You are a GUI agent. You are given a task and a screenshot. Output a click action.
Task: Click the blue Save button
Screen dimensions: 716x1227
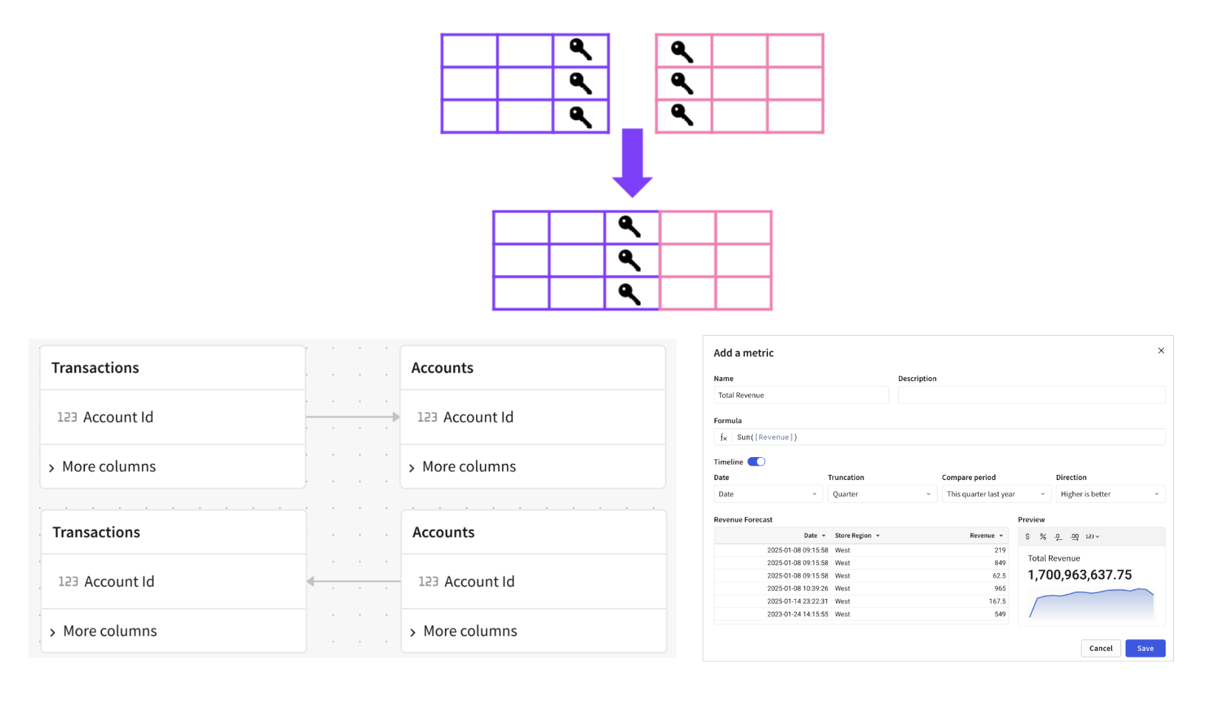[x=1145, y=648]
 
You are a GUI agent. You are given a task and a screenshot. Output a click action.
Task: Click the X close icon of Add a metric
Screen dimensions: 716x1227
[x=1161, y=351]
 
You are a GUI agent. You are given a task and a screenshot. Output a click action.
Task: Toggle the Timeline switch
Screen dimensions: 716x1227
[x=756, y=462]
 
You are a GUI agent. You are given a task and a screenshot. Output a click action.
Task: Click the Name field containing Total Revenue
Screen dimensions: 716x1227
[x=801, y=395]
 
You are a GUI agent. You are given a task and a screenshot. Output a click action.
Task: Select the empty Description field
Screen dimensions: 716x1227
[x=1031, y=395]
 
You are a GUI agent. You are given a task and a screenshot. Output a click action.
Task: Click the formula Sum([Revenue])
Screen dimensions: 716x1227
[x=767, y=437]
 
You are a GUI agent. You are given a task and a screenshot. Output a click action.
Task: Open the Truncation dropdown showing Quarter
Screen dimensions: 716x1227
[x=881, y=494]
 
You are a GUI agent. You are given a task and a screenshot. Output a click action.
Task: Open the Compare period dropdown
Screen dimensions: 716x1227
[x=996, y=494]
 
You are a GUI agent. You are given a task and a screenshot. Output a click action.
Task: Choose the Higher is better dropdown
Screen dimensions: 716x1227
[x=1109, y=494]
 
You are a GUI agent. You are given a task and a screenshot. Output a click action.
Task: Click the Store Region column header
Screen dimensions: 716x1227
[x=854, y=536]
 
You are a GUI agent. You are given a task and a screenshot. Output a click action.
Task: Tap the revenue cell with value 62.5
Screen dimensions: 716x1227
[x=999, y=575]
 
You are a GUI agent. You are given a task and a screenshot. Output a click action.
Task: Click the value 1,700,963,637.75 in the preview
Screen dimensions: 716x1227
[x=1079, y=575]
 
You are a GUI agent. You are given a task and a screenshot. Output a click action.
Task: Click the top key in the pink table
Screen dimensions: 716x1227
[x=682, y=51]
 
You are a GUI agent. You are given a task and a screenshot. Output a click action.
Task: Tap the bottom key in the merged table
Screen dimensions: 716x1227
[x=629, y=294]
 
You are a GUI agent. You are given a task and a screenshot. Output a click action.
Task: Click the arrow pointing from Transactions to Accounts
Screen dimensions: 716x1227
[x=353, y=417]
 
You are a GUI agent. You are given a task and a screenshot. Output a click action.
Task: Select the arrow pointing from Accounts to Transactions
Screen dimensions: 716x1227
[x=353, y=581]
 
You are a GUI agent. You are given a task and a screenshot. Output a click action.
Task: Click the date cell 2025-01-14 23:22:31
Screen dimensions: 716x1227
[x=797, y=601]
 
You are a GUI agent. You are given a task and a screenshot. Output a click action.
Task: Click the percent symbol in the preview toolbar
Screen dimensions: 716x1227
[x=1043, y=536]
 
